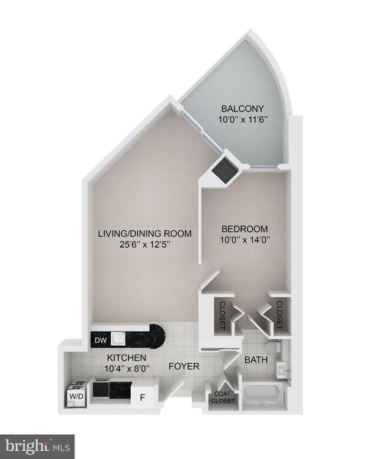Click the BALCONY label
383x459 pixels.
242,108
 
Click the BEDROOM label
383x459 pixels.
245,229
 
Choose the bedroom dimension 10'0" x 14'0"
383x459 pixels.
245,240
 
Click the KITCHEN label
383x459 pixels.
127,358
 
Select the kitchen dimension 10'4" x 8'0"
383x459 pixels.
127,369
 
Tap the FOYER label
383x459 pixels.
184,366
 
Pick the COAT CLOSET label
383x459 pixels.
223,397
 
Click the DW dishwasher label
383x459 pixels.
100,340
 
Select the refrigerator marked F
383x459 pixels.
142,398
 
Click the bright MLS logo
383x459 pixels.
37,445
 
